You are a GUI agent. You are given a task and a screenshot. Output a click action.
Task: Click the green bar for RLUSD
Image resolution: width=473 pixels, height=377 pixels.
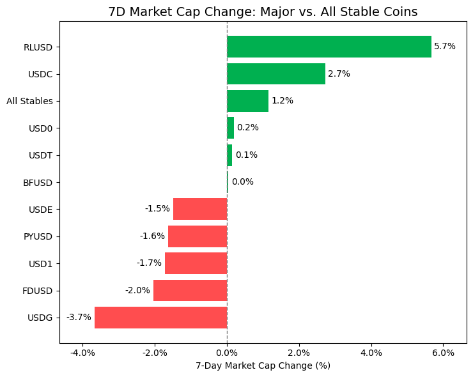(329, 47)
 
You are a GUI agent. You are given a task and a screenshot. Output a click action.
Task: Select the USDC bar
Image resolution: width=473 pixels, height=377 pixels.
(276, 74)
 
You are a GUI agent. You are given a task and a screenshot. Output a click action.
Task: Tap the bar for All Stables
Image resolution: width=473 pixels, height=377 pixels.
(247, 101)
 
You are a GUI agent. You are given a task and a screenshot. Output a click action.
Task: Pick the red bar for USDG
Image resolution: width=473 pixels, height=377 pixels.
(161, 318)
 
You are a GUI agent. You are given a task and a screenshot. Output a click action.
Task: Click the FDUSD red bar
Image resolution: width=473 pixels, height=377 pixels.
(190, 291)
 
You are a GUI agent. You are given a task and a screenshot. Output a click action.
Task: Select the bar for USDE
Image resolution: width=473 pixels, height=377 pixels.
(200, 209)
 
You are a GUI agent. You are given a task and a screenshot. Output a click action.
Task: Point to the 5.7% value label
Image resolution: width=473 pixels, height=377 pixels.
(445, 47)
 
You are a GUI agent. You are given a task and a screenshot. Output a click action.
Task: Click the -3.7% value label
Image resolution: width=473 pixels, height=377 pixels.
(79, 318)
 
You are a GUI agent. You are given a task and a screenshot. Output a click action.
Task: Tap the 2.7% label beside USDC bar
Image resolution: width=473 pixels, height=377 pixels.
(339, 74)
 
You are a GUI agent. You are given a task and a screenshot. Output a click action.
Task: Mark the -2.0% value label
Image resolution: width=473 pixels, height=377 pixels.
(137, 291)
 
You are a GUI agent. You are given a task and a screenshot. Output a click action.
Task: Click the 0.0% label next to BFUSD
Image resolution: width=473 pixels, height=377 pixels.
(242, 182)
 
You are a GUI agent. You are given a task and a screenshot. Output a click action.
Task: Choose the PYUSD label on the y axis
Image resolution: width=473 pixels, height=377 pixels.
(38, 236)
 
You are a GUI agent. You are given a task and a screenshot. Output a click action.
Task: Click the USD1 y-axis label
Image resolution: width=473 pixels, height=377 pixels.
(40, 263)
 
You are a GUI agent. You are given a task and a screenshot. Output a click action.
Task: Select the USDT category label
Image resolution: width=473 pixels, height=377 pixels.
(40, 155)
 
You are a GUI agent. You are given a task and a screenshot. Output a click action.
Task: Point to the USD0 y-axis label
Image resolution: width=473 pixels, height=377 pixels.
(40, 128)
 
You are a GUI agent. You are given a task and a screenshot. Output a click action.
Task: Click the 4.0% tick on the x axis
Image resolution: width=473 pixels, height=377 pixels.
(371, 353)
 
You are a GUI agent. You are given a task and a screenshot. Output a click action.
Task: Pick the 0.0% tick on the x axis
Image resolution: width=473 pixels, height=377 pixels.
(227, 353)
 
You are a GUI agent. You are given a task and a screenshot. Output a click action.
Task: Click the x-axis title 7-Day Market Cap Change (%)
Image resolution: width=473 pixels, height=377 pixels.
(263, 366)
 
